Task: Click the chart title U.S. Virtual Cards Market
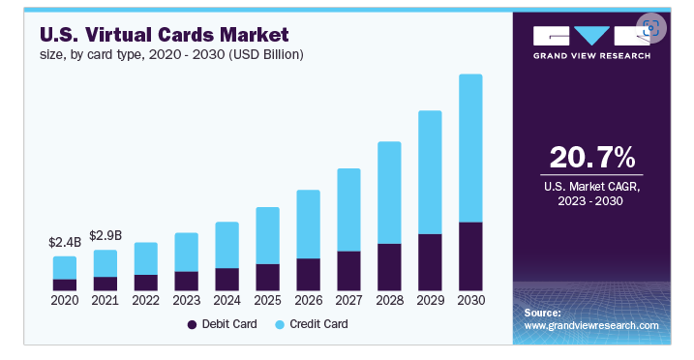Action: pos(164,34)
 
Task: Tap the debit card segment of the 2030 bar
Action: pos(469,256)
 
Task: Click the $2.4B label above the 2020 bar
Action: pos(65,242)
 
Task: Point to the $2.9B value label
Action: pos(106,235)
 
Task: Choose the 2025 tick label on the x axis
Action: pos(267,300)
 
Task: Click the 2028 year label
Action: pos(388,300)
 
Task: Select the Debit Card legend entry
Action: pos(222,324)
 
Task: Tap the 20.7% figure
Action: pos(591,157)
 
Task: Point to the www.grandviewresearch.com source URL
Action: pos(590,326)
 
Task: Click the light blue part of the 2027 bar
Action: pos(348,209)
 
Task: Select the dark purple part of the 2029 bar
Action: pos(429,262)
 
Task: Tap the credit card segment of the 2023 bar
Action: pos(186,252)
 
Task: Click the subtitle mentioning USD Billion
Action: pos(171,54)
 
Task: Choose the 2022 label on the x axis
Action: pos(145,300)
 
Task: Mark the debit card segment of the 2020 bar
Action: pos(65,285)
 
